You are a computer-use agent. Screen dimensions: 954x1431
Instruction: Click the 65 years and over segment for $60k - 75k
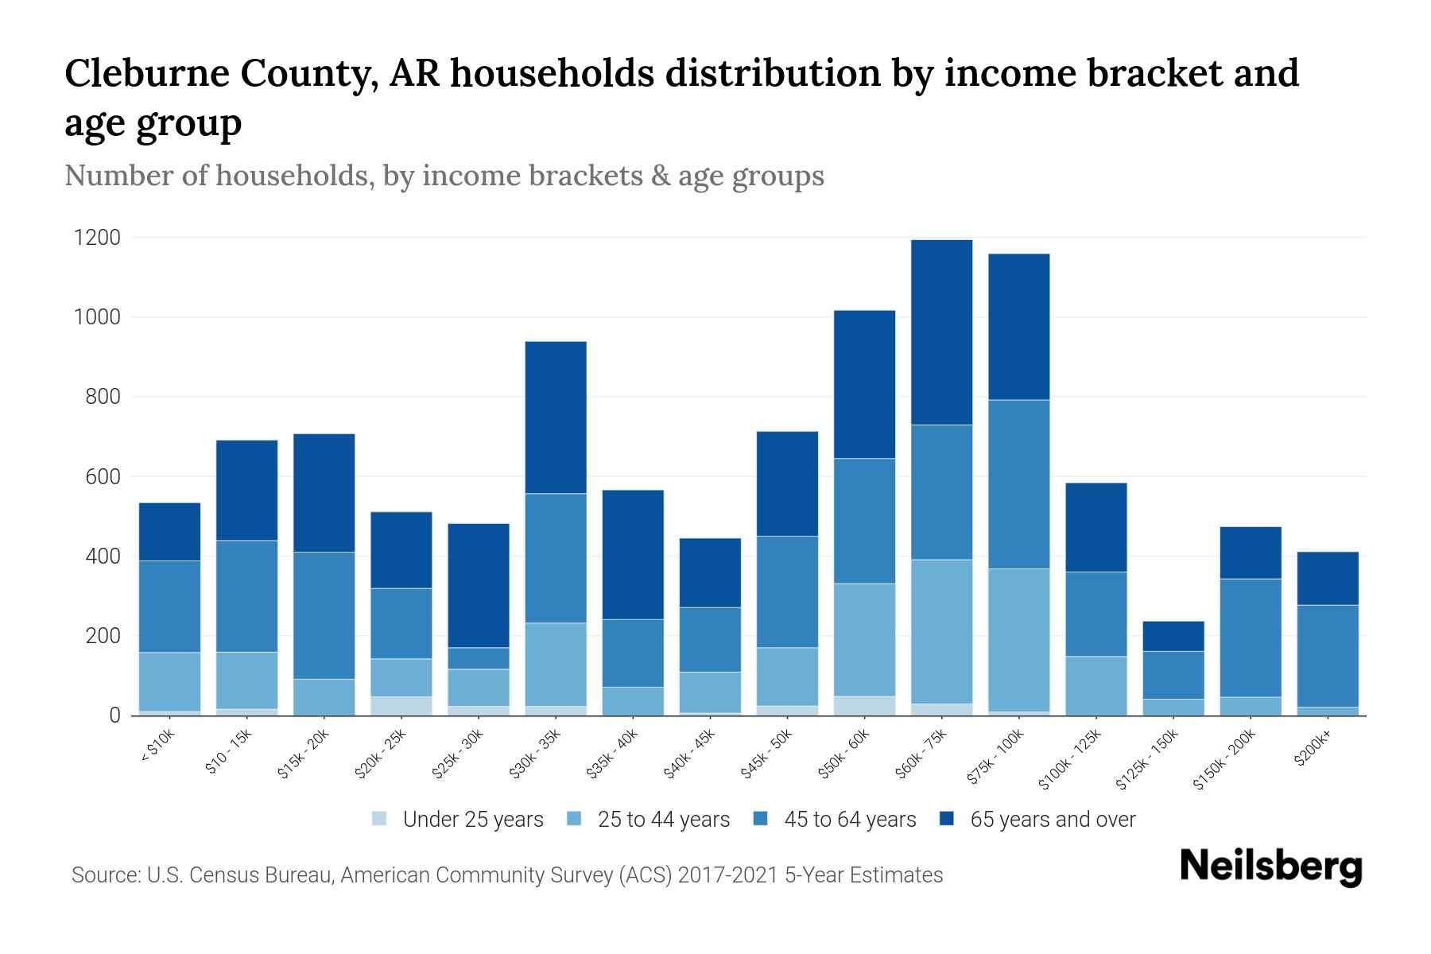(941, 332)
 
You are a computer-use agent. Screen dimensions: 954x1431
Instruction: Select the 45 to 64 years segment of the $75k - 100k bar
(1018, 484)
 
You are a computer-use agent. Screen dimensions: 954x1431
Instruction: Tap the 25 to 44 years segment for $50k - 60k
(864, 640)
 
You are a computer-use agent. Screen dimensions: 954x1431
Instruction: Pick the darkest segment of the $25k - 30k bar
(479, 585)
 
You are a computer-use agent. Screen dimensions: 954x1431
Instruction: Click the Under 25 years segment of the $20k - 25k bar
(401, 706)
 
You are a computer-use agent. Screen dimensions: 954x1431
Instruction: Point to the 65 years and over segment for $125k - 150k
(1173, 636)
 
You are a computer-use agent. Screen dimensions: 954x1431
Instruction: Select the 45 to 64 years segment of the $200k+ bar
(1327, 656)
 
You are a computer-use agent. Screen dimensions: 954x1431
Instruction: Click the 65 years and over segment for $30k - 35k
(556, 417)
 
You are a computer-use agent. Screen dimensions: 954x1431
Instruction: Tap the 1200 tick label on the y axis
(97, 238)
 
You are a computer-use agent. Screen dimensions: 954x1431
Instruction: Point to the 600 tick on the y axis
(103, 477)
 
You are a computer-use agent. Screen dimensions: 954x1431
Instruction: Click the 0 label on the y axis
(114, 715)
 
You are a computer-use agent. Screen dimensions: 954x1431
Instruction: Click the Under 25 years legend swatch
(380, 819)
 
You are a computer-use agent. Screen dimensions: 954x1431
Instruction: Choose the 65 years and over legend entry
(1052, 820)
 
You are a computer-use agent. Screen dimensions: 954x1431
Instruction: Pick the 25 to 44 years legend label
(663, 820)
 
